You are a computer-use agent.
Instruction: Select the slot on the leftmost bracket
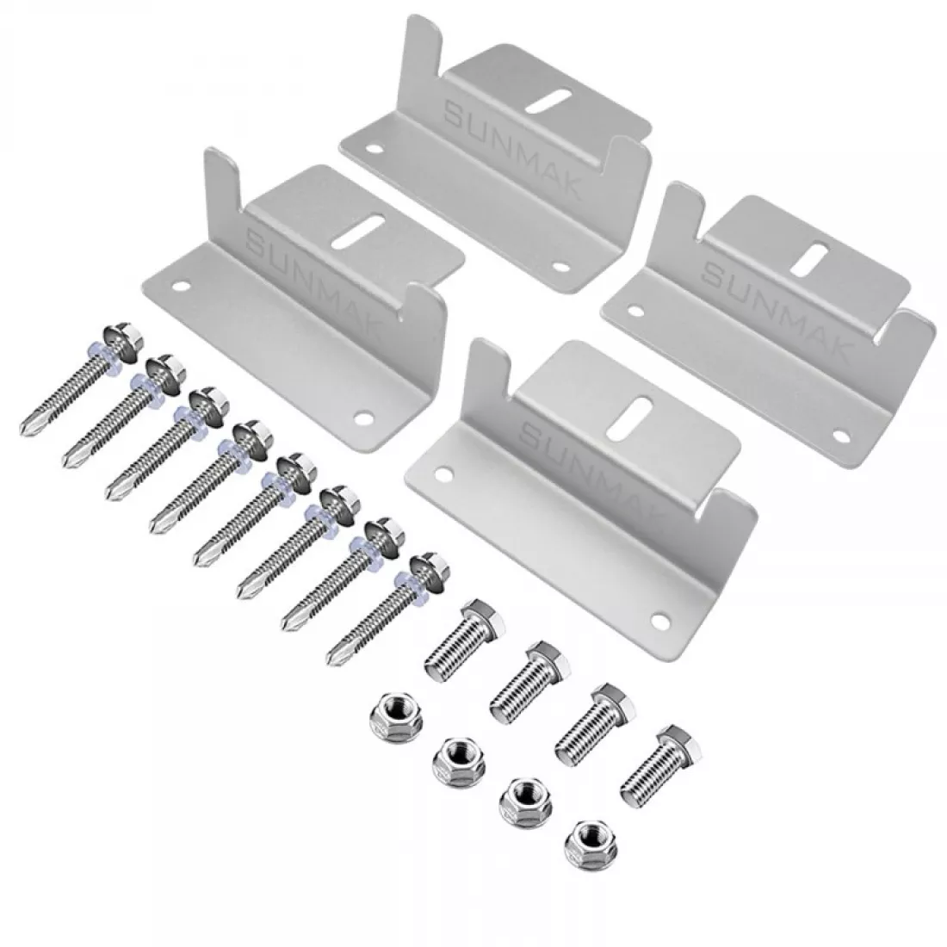tap(358, 232)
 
